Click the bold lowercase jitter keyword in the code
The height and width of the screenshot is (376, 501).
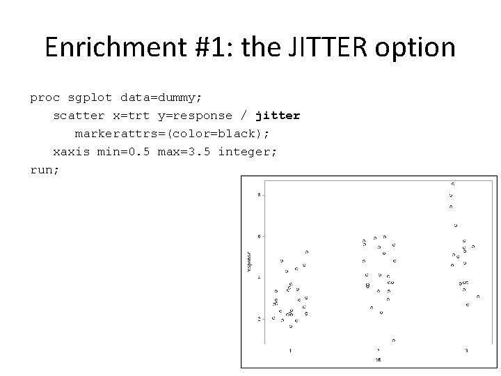(x=278, y=116)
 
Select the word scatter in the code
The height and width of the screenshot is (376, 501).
(x=79, y=116)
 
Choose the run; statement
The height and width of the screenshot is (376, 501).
(x=45, y=169)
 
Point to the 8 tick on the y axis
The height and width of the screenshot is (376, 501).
(x=260, y=194)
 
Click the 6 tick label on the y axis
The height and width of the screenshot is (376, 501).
(x=260, y=236)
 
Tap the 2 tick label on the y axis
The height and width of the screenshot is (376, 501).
(x=260, y=319)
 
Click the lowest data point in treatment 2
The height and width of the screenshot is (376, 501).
(x=393, y=340)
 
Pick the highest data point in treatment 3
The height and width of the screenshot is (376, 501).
(x=453, y=183)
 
